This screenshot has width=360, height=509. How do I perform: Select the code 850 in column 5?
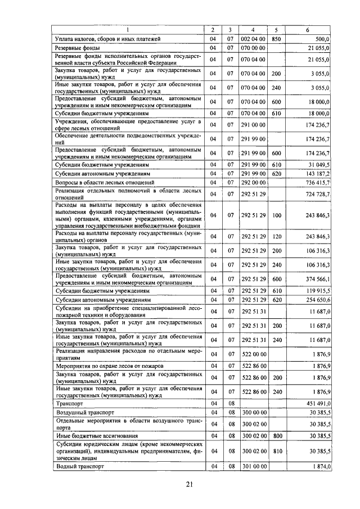pos(276,39)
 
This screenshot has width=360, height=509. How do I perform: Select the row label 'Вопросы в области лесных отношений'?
pos(105,183)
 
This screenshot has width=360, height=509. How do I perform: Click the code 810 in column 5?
pos(276,451)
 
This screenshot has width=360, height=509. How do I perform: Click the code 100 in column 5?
pos(276,214)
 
